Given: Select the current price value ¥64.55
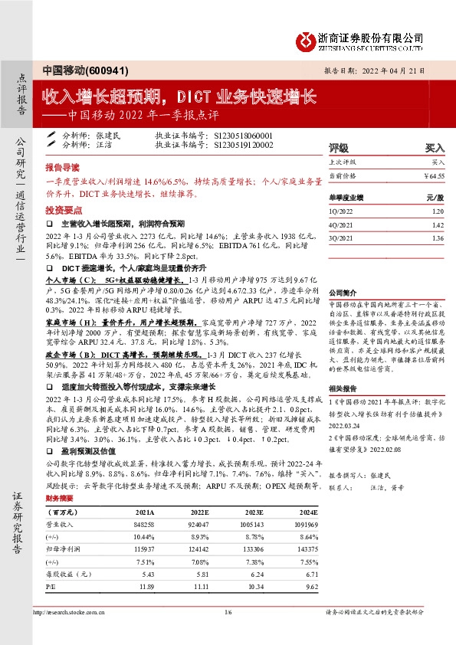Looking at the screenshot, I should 434,176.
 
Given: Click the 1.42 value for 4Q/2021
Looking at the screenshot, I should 437,225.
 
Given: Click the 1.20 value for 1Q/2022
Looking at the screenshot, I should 437,211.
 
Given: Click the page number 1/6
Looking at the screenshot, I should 228,612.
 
